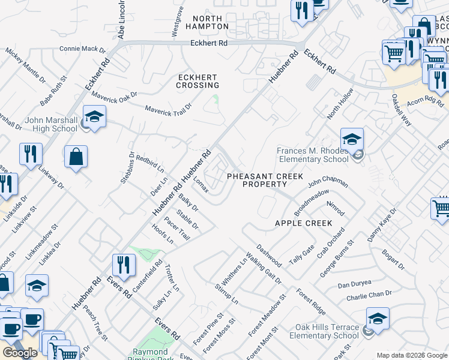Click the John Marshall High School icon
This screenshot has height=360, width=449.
(x=94, y=116)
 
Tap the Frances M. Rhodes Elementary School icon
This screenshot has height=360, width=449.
(x=352, y=140)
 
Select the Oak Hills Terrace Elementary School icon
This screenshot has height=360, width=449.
(x=378, y=319)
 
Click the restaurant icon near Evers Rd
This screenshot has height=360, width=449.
(x=124, y=265)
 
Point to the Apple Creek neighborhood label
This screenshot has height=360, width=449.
(x=303, y=223)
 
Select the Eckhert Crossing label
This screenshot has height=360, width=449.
(x=197, y=81)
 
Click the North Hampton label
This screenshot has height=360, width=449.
(x=207, y=22)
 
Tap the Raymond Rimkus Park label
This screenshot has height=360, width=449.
(x=151, y=354)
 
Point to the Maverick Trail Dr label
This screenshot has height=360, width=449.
(x=169, y=108)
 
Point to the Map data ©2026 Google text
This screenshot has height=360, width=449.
(x=412, y=355)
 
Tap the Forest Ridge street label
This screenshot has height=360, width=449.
(x=311, y=302)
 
